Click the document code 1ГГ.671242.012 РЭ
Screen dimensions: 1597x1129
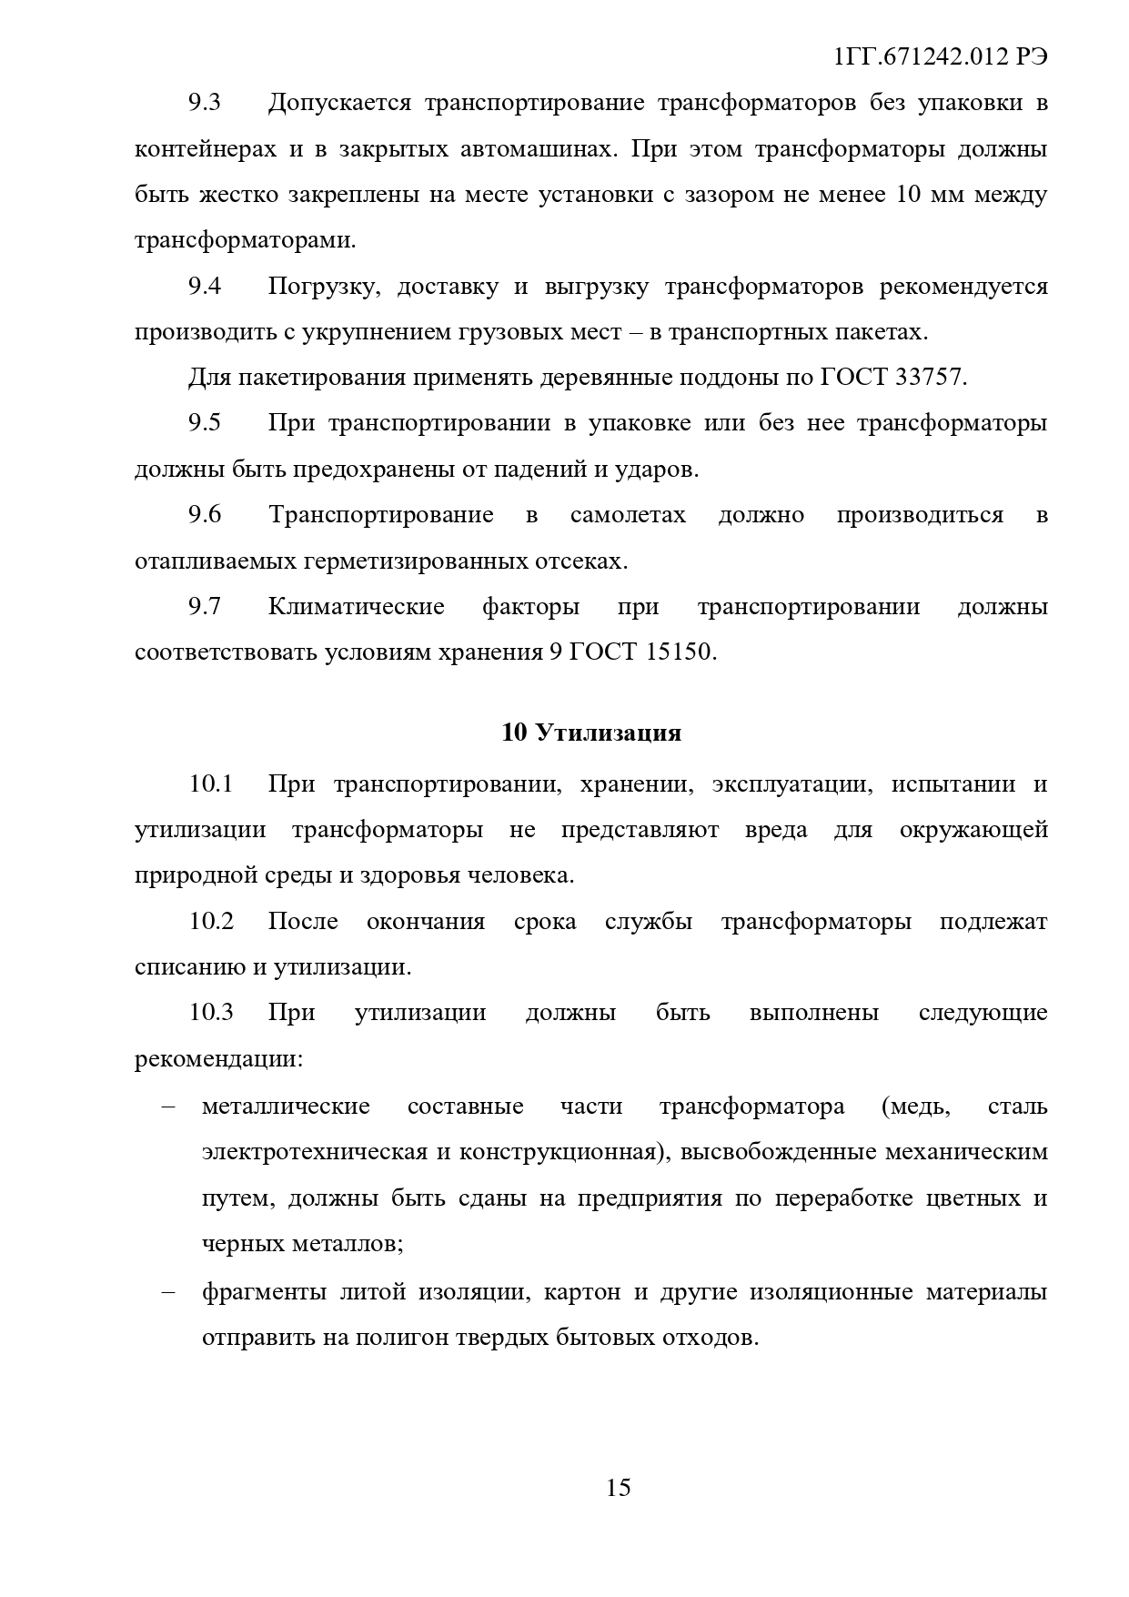point(941,56)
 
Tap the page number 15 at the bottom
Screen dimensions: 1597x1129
point(618,1488)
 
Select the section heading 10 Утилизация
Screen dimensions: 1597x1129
point(591,733)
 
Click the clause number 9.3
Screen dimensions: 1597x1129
point(205,102)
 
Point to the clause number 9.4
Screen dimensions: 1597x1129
point(205,286)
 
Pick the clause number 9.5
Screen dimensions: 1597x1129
point(205,423)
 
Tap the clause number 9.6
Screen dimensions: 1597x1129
point(205,515)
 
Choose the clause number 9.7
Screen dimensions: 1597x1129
point(205,607)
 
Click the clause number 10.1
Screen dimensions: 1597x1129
point(211,783)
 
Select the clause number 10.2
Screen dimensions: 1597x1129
point(211,921)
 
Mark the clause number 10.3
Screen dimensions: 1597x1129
point(211,1013)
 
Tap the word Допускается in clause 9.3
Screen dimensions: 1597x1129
point(340,102)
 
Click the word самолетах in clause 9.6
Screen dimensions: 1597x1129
point(628,515)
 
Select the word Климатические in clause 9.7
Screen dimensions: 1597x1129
point(356,607)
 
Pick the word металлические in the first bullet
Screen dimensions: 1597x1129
point(286,1107)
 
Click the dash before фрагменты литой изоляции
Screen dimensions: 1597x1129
point(167,1292)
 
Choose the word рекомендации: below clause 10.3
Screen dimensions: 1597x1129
point(218,1059)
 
